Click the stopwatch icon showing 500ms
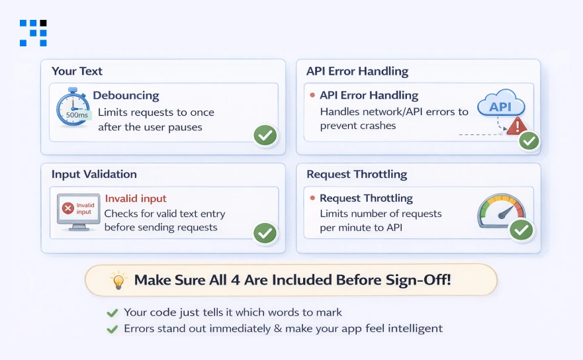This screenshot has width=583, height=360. pyautogui.click(x=73, y=107)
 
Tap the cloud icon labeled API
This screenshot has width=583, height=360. pyautogui.click(x=501, y=103)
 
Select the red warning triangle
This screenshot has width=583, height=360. pyautogui.click(x=516, y=126)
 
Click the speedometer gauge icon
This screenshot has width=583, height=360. pyautogui.click(x=501, y=211)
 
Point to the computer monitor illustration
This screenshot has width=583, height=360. pyautogui.click(x=79, y=212)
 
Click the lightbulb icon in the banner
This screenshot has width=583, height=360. pyautogui.click(x=118, y=280)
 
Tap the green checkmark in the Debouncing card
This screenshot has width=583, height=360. pyautogui.click(x=265, y=136)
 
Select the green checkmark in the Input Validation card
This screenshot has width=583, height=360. pyautogui.click(x=265, y=233)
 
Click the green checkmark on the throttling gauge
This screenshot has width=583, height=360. pyautogui.click(x=521, y=230)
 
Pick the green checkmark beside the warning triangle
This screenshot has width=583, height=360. pyautogui.click(x=529, y=141)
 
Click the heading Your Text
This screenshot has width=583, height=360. pyautogui.click(x=77, y=71)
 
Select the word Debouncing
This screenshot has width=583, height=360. pyautogui.click(x=126, y=95)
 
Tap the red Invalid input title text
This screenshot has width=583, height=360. pyautogui.click(x=136, y=199)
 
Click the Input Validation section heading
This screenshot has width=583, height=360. pyautogui.click(x=94, y=174)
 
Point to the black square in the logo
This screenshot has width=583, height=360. pyautogui.click(x=44, y=23)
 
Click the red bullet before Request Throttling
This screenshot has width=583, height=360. pyautogui.click(x=312, y=198)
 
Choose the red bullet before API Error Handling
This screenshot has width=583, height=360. pyautogui.click(x=312, y=95)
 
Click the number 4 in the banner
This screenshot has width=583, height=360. pyautogui.click(x=236, y=280)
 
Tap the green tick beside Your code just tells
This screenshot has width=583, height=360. pyautogui.click(x=112, y=313)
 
